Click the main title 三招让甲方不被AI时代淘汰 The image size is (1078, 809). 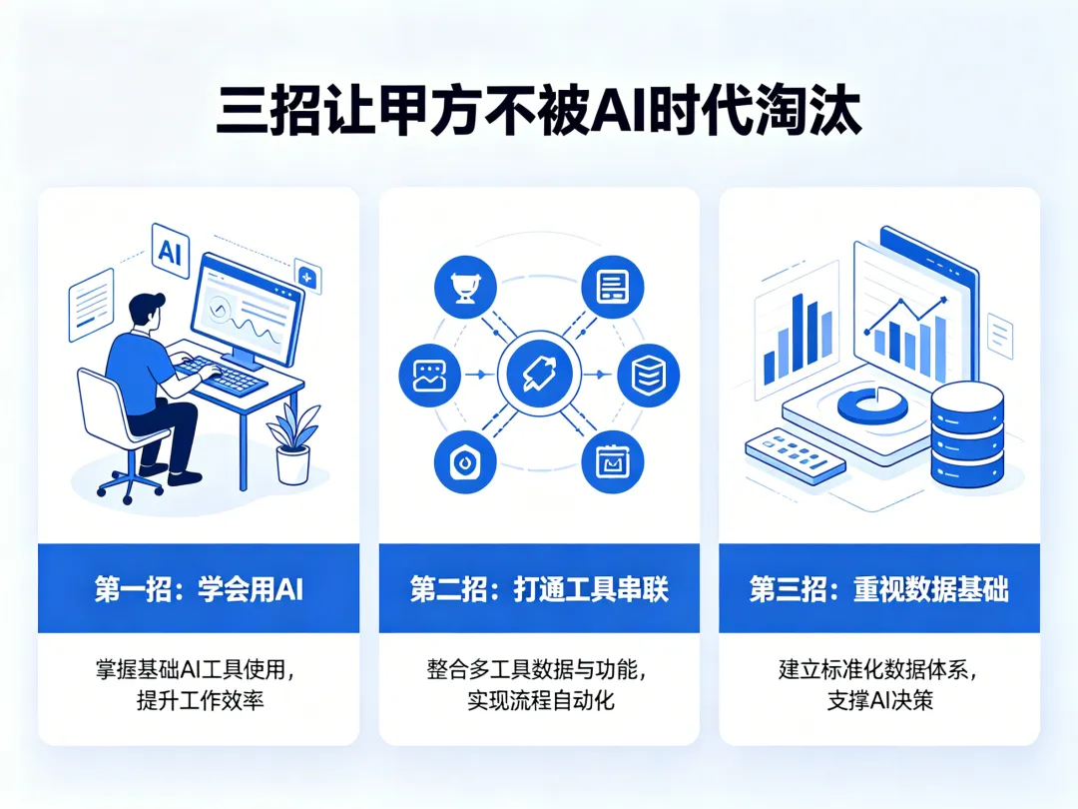[538, 113]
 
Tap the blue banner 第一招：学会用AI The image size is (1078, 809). [199, 589]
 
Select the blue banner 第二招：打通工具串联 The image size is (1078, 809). [539, 589]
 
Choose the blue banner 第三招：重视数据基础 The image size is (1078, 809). [878, 589]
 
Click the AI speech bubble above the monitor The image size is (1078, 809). [168, 250]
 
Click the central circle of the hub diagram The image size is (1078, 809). [538, 376]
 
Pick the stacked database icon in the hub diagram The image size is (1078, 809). [648, 376]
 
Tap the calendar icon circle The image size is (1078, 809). [612, 462]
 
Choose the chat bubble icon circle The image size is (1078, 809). [429, 376]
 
